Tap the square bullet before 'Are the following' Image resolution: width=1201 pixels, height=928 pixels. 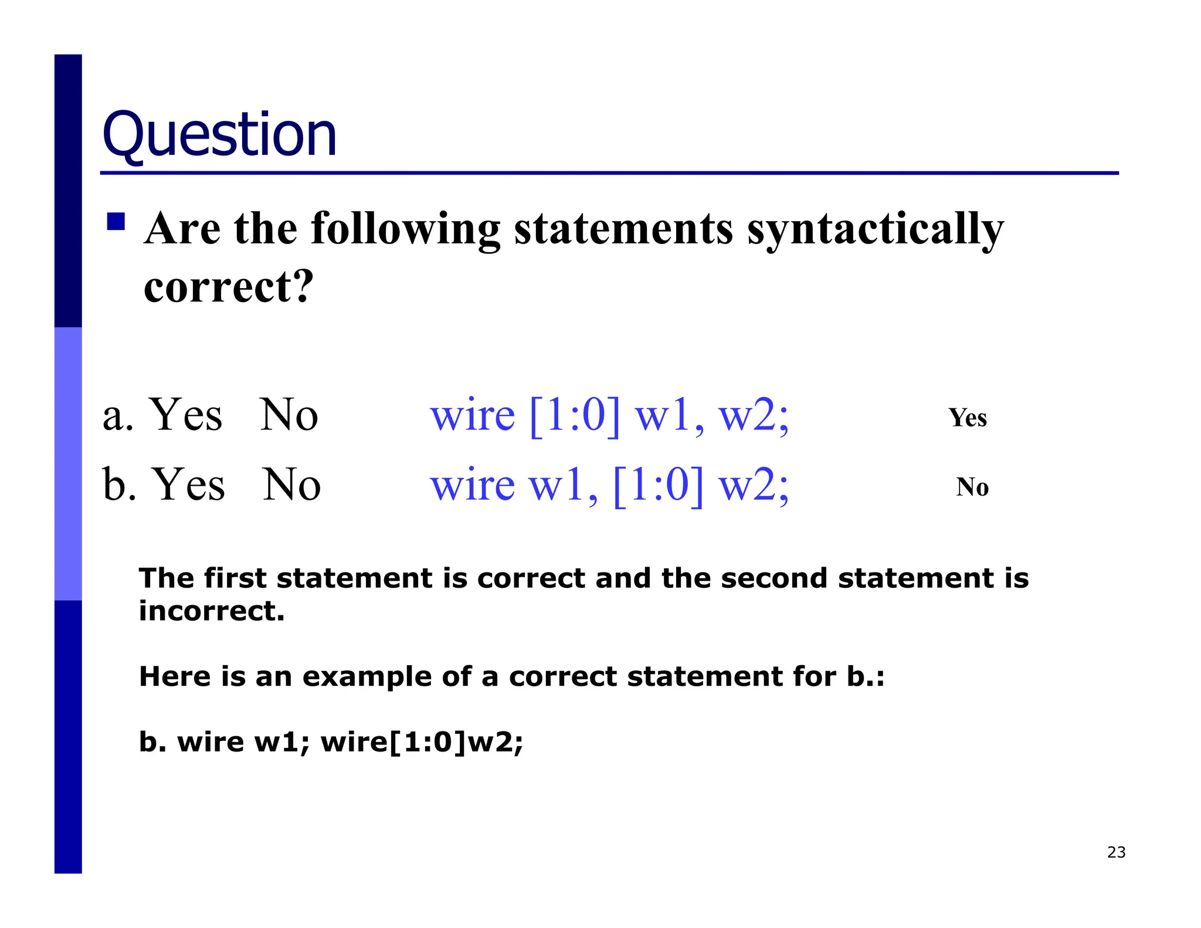pos(116,222)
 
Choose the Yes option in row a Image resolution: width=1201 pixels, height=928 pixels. pos(186,415)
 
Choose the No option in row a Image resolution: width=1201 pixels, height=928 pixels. pos(289,415)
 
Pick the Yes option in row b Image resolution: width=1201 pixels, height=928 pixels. pos(188,485)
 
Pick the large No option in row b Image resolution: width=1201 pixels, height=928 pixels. pos(291,485)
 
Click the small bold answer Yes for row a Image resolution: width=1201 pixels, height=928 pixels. pos(968,418)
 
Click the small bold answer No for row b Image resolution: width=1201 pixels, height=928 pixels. pos(972,487)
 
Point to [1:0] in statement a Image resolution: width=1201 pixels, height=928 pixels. pos(574,415)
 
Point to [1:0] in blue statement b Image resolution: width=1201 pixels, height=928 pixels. pos(658,485)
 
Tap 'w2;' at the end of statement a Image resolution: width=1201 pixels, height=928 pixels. pos(754,415)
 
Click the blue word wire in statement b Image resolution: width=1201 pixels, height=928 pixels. pos(473,485)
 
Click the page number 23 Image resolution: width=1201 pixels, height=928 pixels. pos(1116,852)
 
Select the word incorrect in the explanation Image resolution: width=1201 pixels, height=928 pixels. pos(211,611)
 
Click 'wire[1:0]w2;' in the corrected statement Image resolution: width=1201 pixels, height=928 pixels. pos(422,742)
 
